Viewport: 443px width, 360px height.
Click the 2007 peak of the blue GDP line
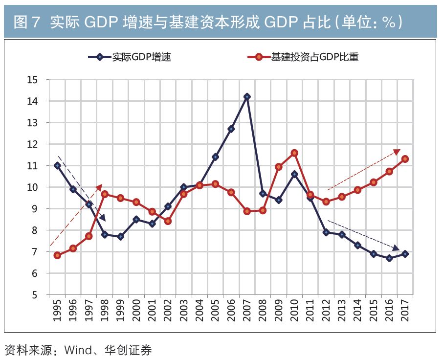pyautogui.click(x=247, y=97)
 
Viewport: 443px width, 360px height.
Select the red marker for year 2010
pyautogui.click(x=294, y=153)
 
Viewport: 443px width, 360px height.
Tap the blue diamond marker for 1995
pyautogui.click(x=57, y=165)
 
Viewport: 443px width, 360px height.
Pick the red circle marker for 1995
pyautogui.click(x=57, y=255)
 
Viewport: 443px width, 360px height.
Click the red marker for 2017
pyautogui.click(x=405, y=159)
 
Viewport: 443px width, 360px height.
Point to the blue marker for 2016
pyautogui.click(x=389, y=258)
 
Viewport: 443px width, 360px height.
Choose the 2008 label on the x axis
pyautogui.click(x=263, y=309)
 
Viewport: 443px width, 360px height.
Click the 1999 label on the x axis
pyautogui.click(x=120, y=309)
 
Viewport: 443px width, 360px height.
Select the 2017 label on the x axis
pyautogui.click(x=405, y=309)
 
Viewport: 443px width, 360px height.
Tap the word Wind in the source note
pyautogui.click(x=77, y=350)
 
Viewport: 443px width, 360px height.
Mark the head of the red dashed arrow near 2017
pyautogui.click(x=397, y=153)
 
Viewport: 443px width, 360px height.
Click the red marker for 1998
pyautogui.click(x=105, y=194)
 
